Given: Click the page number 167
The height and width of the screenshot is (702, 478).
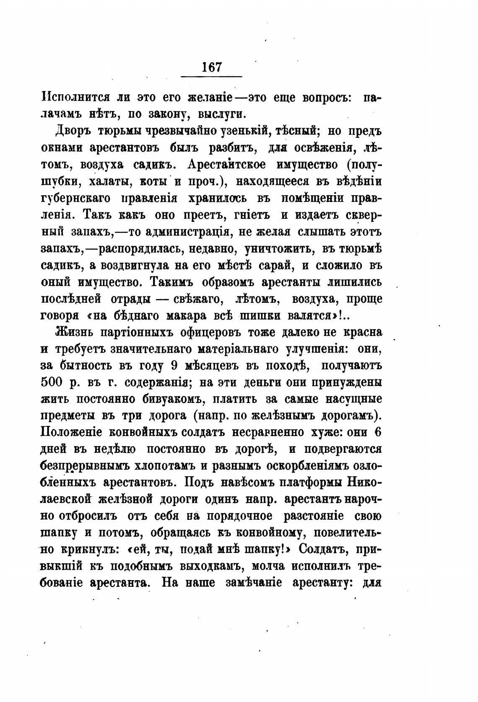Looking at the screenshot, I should coord(211,67).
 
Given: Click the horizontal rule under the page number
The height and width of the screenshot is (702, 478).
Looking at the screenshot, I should coord(211,76).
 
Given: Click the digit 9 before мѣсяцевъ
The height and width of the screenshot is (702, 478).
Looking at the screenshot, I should coord(175,366).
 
